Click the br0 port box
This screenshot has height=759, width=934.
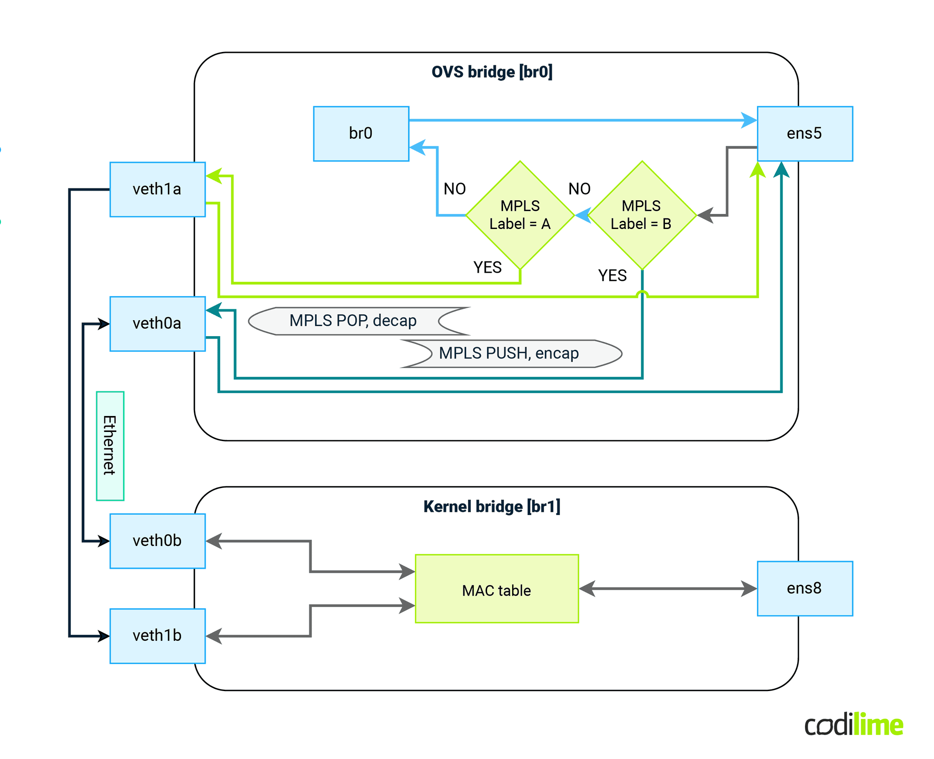pyautogui.click(x=361, y=134)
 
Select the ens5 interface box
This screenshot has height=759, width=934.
pyautogui.click(x=804, y=134)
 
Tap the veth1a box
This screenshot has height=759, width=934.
pyautogui.click(x=157, y=189)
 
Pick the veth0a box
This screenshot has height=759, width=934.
pyautogui.click(x=157, y=324)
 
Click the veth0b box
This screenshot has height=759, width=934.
pyautogui.click(x=157, y=541)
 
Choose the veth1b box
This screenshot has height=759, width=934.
pyautogui.click(x=157, y=636)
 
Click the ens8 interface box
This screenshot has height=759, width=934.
pyautogui.click(x=804, y=588)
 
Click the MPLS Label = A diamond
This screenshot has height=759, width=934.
pyautogui.click(x=520, y=215)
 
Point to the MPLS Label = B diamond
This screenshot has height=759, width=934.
pyautogui.click(x=642, y=215)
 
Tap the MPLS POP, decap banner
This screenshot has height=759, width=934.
pyautogui.click(x=353, y=321)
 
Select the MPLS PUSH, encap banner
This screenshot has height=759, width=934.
pyautogui.click(x=509, y=354)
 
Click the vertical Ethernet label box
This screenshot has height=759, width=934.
pyautogui.click(x=110, y=446)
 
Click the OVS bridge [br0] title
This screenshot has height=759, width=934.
pyautogui.click(x=492, y=72)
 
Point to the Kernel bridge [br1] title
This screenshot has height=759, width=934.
pyautogui.click(x=492, y=507)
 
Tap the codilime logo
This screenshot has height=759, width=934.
pyautogui.click(x=853, y=725)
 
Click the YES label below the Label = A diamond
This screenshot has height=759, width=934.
pyautogui.click(x=488, y=267)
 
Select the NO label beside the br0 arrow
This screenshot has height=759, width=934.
pyautogui.click(x=455, y=189)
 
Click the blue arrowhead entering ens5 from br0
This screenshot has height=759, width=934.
pyautogui.click(x=749, y=120)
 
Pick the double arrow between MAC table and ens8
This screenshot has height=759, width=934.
pyautogui.click(x=668, y=588)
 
